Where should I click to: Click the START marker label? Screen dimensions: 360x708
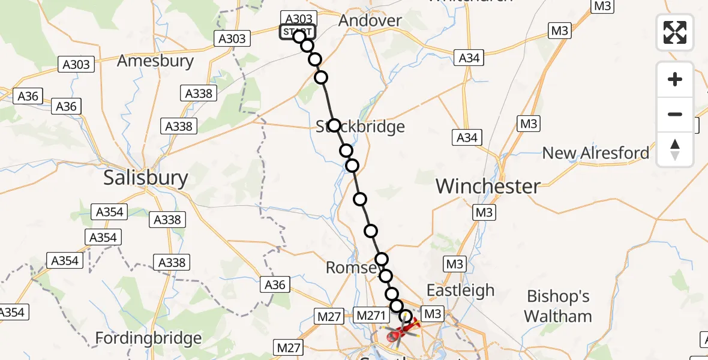coord(296,31)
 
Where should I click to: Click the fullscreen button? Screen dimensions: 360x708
coord(675,32)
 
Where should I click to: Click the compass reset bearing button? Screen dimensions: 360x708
coord(675,149)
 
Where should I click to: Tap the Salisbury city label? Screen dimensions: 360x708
coord(146,178)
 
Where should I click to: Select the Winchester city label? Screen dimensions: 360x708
coord(488,186)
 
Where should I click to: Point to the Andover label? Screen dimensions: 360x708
coord(370,20)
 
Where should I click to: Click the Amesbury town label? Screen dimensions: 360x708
coord(155,61)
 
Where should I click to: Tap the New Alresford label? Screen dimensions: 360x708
coord(595,153)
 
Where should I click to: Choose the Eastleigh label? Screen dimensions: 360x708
coord(460,290)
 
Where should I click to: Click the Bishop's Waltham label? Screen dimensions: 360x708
coord(558,306)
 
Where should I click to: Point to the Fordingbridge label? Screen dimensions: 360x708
coord(148,338)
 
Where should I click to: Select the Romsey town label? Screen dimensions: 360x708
coord(352,267)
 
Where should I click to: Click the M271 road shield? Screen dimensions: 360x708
coord(371,314)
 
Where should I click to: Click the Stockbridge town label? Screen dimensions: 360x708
coord(360,127)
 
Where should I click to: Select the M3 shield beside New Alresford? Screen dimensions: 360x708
coord(529,124)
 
